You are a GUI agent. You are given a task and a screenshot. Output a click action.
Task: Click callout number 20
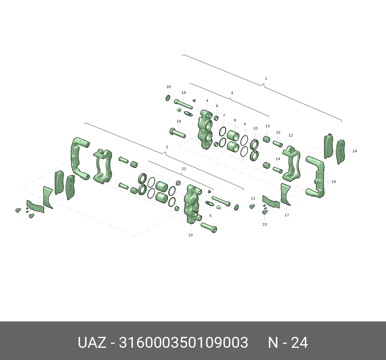169,87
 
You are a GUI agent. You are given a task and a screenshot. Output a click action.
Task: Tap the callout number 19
183,93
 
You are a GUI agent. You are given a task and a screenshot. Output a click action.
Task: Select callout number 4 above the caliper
207,101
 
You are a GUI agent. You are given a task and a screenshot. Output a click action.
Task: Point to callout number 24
354,151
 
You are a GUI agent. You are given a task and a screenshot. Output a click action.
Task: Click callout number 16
334,182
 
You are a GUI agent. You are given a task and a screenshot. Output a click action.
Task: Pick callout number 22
190,235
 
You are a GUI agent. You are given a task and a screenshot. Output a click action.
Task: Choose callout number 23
264,224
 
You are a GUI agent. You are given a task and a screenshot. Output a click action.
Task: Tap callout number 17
287,215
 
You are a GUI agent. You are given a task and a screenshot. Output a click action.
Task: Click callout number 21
184,169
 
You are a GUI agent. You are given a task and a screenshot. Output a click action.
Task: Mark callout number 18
179,121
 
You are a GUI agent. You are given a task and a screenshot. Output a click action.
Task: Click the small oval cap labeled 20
168,98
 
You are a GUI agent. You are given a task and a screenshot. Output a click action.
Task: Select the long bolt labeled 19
183,104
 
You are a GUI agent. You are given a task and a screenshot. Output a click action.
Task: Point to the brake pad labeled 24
341,152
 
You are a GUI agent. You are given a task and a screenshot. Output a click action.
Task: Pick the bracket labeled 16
317,177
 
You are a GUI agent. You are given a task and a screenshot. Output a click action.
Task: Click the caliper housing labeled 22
193,204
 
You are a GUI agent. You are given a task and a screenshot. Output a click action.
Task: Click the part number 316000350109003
183,343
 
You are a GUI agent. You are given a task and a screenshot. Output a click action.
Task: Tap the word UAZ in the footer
92,343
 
